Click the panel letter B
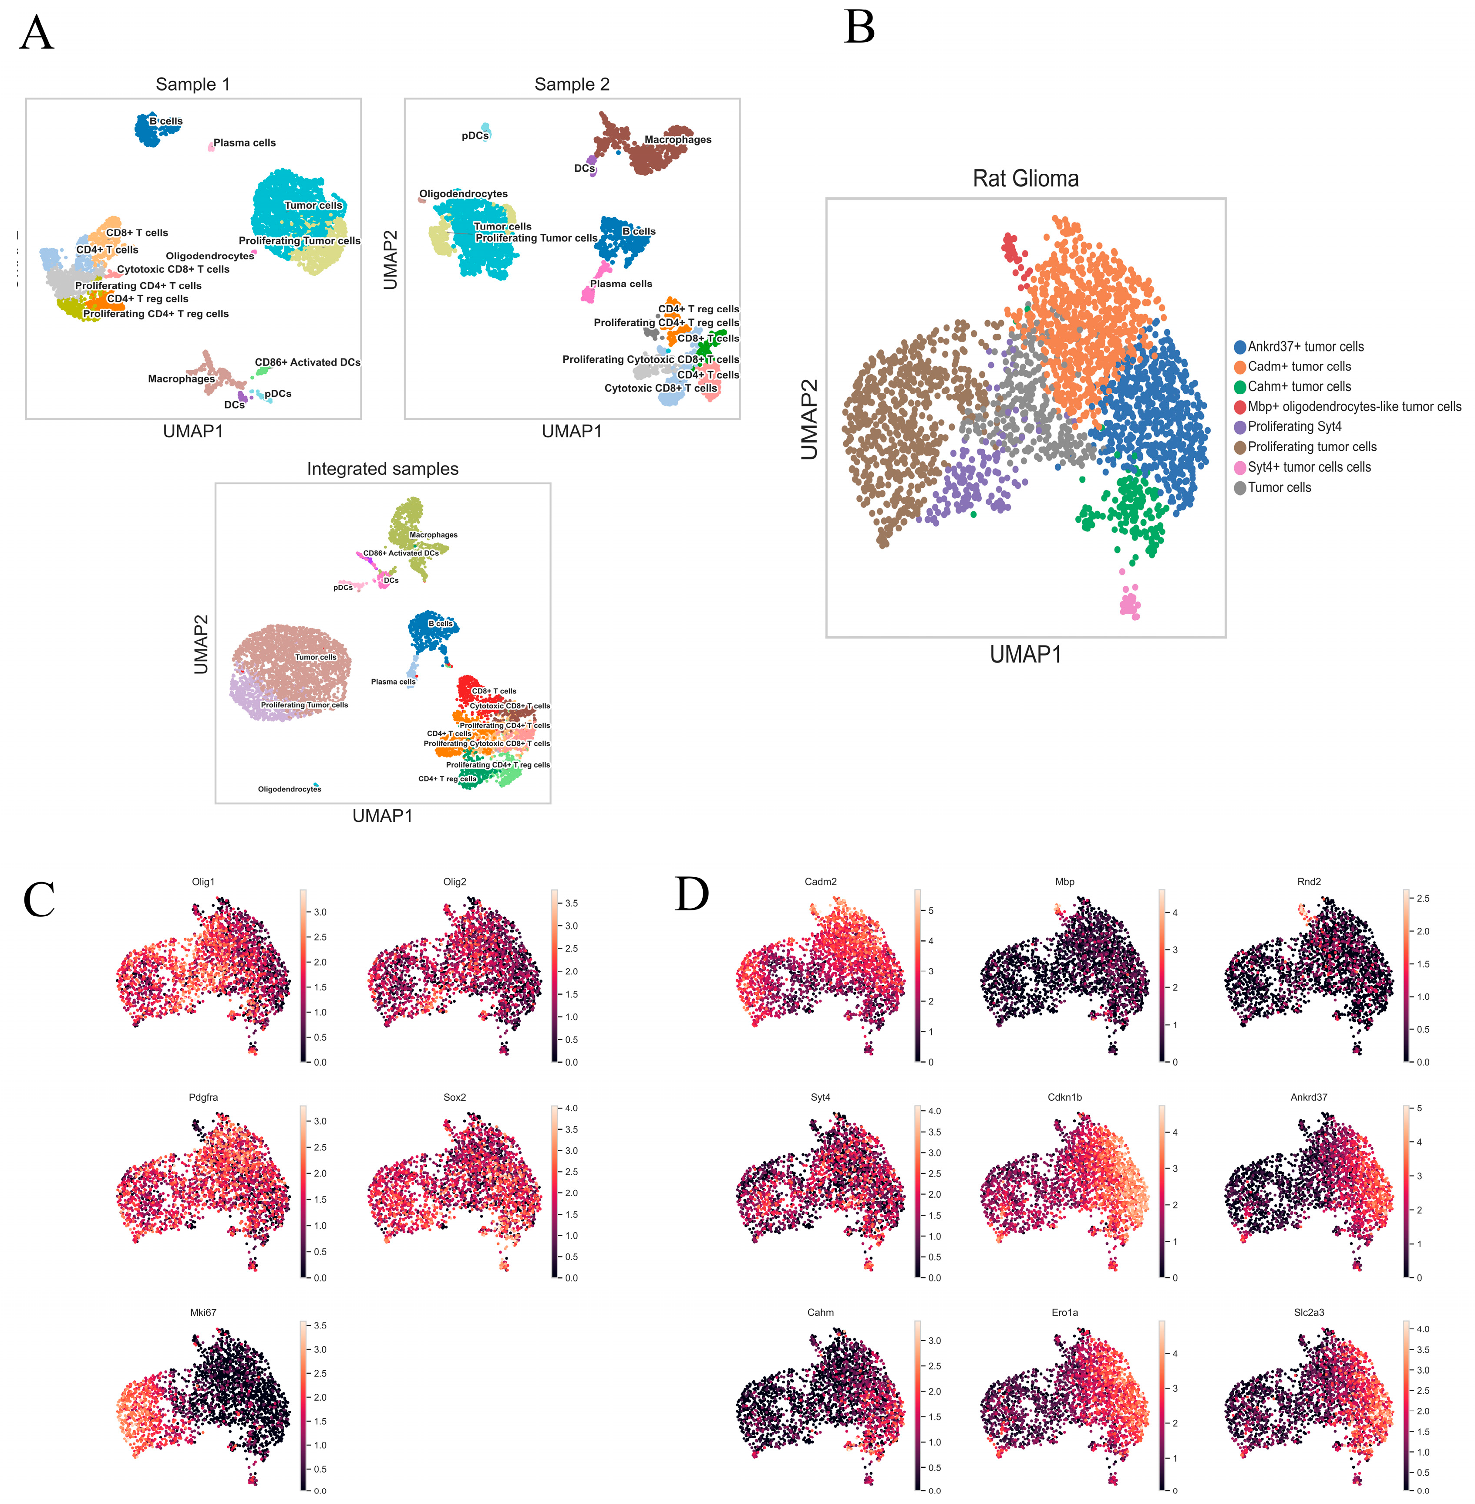pyautogui.click(x=859, y=28)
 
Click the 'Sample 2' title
pyautogui.click(x=572, y=84)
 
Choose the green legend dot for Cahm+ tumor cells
pyautogui.click(x=1239, y=387)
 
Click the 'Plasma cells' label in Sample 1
pyautogui.click(x=244, y=142)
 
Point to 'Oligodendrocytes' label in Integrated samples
pyautogui.click(x=289, y=789)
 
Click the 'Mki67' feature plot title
pyautogui.click(x=203, y=1313)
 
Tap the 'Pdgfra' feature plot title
pyautogui.click(x=203, y=1097)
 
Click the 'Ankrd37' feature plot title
pyautogui.click(x=1308, y=1097)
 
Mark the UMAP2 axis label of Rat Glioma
pyautogui.click(x=809, y=419)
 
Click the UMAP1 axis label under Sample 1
pyautogui.click(x=193, y=432)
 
